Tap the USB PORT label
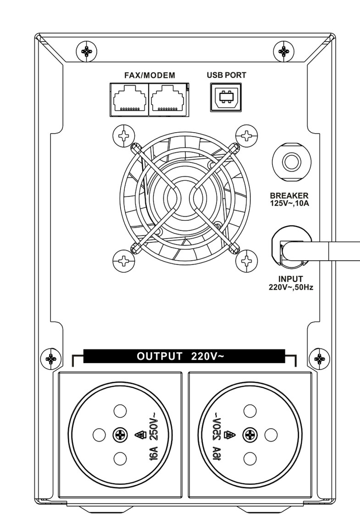click(x=226, y=75)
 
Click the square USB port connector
click(x=225, y=98)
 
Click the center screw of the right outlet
click(x=250, y=434)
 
